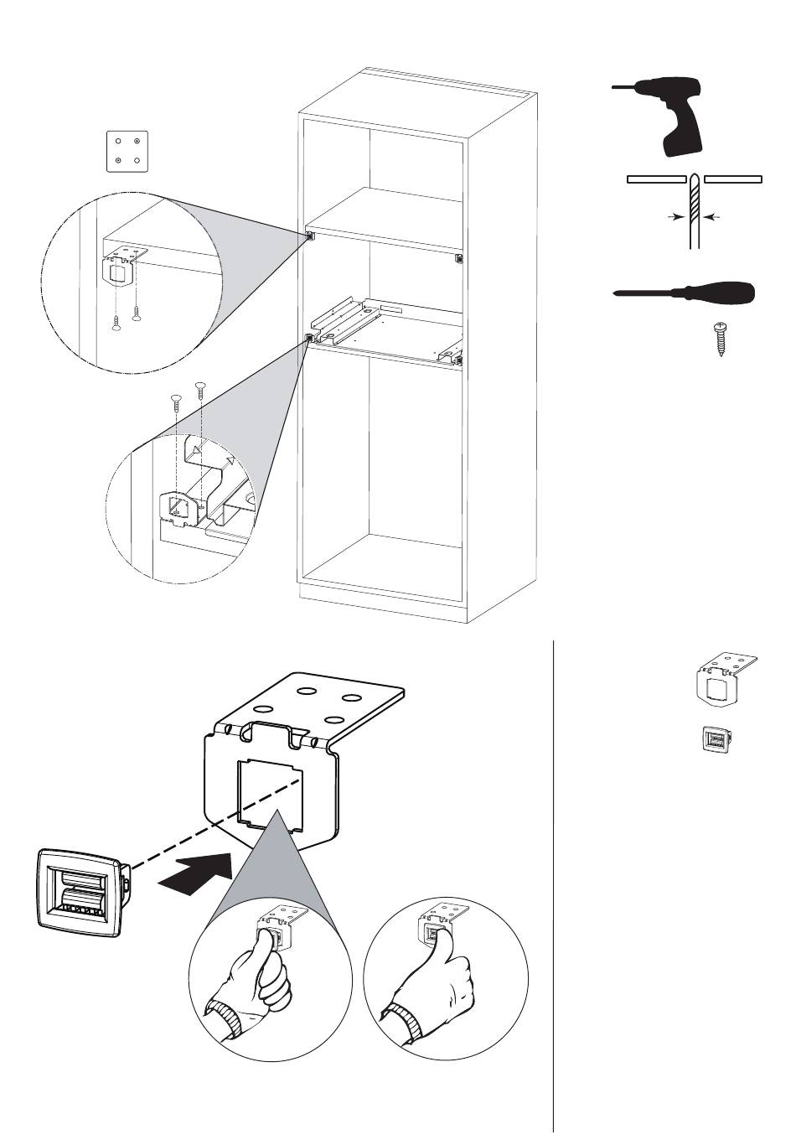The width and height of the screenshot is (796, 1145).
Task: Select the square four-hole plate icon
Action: click(127, 151)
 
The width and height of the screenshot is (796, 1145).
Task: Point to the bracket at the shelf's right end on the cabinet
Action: click(458, 258)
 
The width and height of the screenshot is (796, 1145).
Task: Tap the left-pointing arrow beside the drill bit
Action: click(712, 217)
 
